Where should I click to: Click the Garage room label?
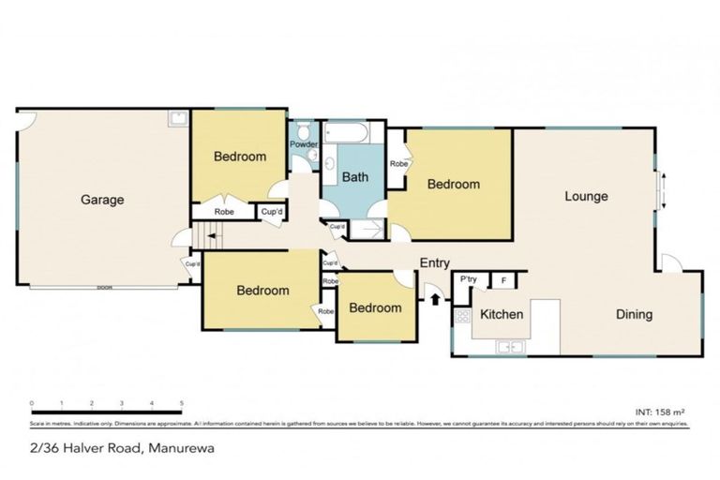coord(101,200)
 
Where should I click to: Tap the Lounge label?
coord(586,197)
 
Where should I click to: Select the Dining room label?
coord(634,314)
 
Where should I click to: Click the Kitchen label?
coord(502,314)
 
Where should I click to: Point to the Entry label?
coord(434,263)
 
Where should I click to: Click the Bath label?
coord(354,176)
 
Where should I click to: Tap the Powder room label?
coord(303,145)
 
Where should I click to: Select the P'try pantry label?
coord(466,280)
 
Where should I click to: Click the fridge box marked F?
coord(502,280)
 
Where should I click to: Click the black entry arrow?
coord(435,299)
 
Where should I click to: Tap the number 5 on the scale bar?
coord(180,404)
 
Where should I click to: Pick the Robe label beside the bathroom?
coord(399,164)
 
